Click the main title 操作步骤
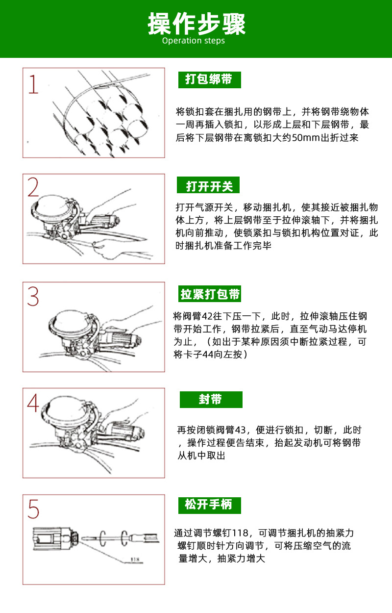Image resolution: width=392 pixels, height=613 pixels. (x=196, y=24)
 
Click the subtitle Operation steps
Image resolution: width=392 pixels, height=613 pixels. (x=194, y=41)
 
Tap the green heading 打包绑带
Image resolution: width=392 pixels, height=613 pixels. (x=209, y=79)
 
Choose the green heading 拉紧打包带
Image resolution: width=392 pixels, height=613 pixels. (x=210, y=294)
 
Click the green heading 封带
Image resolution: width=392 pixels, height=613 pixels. (x=211, y=399)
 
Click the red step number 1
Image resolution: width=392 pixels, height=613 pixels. (x=33, y=84)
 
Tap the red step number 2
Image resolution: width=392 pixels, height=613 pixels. (x=33, y=187)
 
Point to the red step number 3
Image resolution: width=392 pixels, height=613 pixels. (x=33, y=296)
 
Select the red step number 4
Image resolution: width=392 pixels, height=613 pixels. (x=33, y=403)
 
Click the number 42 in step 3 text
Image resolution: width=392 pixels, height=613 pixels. (x=207, y=316)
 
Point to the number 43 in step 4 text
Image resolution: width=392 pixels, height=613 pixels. (x=241, y=430)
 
